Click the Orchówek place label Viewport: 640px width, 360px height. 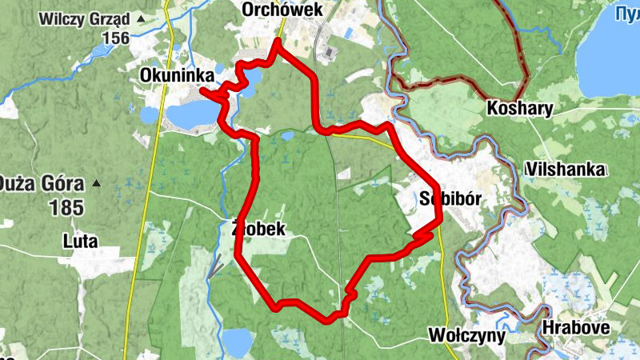point(282,10)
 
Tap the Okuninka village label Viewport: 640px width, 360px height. point(174,74)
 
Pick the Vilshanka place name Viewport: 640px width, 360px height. point(566,170)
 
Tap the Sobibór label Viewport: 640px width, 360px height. point(449,199)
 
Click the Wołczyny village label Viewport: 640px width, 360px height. point(467,334)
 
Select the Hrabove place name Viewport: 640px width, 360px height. point(576,328)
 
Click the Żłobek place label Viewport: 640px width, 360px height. point(257,228)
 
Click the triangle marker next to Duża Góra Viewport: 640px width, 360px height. point(96,182)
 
